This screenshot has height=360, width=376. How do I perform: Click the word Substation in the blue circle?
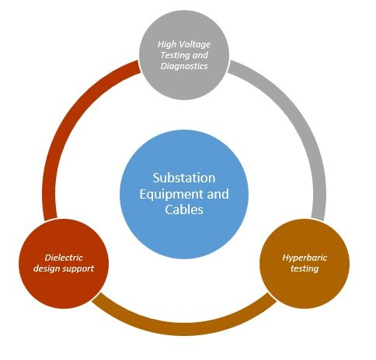click(x=184, y=178)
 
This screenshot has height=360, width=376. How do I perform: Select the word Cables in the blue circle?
click(x=184, y=209)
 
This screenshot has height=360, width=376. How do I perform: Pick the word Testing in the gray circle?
click(x=172, y=55)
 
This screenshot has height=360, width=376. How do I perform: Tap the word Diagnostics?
click(x=184, y=66)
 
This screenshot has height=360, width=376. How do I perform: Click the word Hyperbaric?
click(x=305, y=258)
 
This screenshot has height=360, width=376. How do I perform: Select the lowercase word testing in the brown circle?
click(x=305, y=268)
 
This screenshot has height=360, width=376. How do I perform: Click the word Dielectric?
click(x=64, y=258)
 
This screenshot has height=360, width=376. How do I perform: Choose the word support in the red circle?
click(x=78, y=269)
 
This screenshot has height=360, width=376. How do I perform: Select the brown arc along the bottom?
click(x=184, y=329)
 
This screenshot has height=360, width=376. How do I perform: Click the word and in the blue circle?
click(x=218, y=194)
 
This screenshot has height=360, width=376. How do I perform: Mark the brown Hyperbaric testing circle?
click(x=305, y=264)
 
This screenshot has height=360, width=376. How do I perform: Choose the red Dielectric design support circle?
click(x=64, y=264)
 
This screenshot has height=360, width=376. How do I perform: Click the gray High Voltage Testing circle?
click(x=184, y=55)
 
